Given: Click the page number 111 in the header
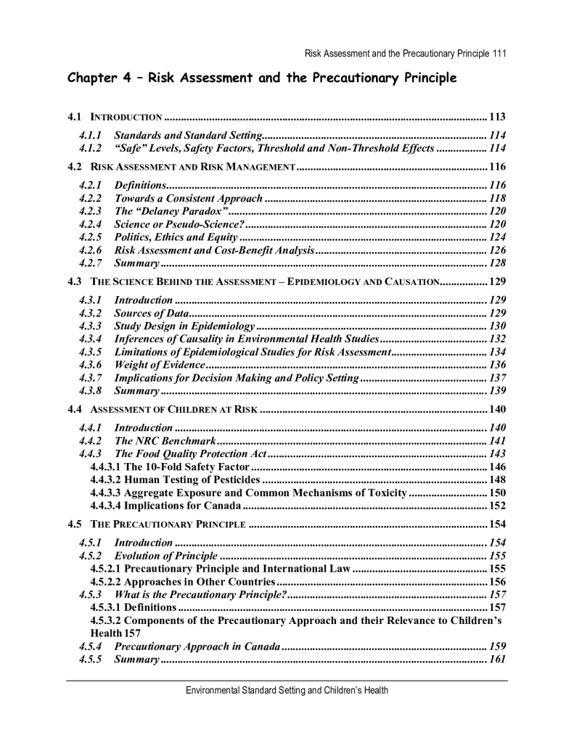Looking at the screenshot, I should coord(498,54).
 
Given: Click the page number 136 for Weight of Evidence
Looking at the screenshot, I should coord(498,365).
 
